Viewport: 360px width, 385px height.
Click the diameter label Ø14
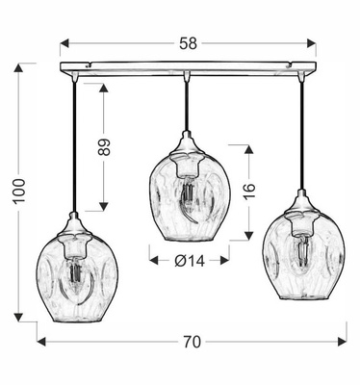[x=188, y=259]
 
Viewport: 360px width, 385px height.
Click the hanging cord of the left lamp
[x=75, y=144]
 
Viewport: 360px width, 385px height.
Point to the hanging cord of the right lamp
[x=300, y=135]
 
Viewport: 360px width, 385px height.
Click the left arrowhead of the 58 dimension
[x=64, y=43]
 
